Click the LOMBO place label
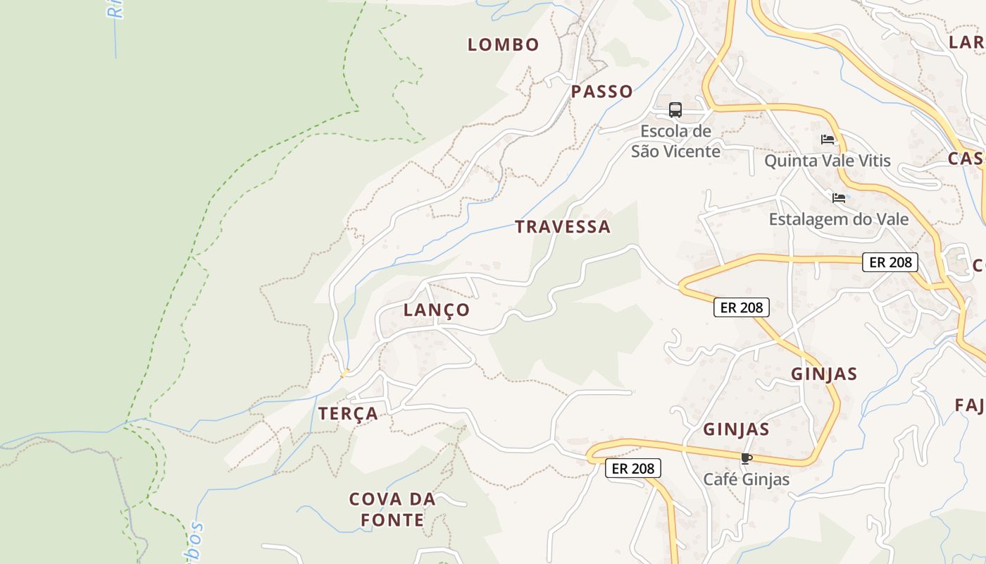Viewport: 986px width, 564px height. click(503, 44)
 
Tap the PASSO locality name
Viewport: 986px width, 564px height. click(601, 91)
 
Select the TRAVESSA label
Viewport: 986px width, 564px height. click(562, 226)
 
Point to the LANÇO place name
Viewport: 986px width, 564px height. click(436, 309)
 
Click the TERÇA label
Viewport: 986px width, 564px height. click(348, 413)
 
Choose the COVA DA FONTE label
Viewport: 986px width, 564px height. click(392, 510)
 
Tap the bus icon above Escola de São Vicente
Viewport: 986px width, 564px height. click(675, 110)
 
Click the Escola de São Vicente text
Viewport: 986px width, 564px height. click(675, 141)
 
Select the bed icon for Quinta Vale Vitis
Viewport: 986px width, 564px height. click(828, 140)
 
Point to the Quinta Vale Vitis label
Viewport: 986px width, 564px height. click(828, 161)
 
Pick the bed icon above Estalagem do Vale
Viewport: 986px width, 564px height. click(838, 198)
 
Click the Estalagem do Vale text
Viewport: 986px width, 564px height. click(838, 219)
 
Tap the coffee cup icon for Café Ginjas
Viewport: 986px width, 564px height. click(746, 459)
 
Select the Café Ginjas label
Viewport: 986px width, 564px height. click(746, 479)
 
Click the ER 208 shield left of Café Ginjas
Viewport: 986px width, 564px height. click(632, 468)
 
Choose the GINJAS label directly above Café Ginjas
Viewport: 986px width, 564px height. click(736, 429)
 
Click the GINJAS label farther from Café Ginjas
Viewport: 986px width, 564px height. click(823, 374)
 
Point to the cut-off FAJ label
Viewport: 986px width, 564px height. click(970, 405)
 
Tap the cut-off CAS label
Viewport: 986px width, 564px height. click(966, 158)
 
